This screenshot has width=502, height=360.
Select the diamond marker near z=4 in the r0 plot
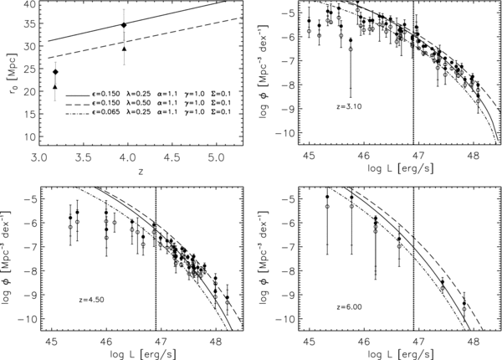[x=124, y=25]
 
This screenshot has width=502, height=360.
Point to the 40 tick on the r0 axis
[x=29, y=5]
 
